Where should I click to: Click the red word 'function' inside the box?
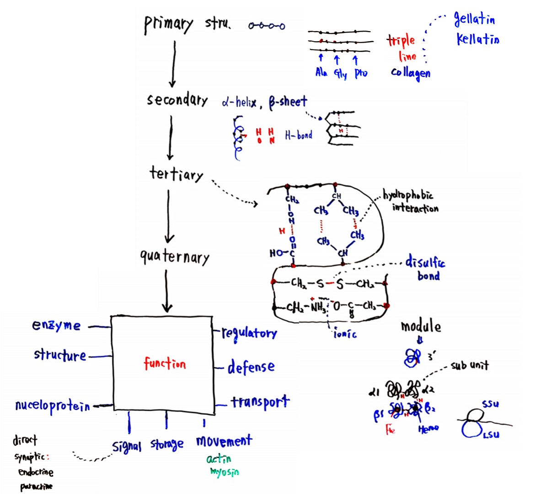pyautogui.click(x=165, y=364)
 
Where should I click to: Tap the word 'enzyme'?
pyautogui.click(x=56, y=326)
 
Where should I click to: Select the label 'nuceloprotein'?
pyautogui.click(x=52, y=406)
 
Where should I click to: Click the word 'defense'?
pyautogui.click(x=251, y=367)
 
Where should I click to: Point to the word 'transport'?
pyautogui.click(x=260, y=402)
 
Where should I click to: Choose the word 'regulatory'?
pyautogui.click(x=249, y=333)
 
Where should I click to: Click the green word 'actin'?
pyautogui.click(x=219, y=459)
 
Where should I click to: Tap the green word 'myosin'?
pyautogui.click(x=224, y=472)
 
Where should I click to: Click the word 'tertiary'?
pyautogui.click(x=176, y=174)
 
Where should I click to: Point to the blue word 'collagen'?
pyautogui.click(x=410, y=73)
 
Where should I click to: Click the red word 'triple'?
pyautogui.click(x=401, y=41)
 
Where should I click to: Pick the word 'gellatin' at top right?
pyautogui.click(x=474, y=19)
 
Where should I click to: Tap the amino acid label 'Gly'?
pyautogui.click(x=340, y=73)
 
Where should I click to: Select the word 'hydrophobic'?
pyautogui.click(x=408, y=195)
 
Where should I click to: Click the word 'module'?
pyautogui.click(x=421, y=326)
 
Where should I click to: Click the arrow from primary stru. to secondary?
pyautogui.click(x=173, y=64)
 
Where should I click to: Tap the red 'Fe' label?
pyautogui.click(x=390, y=429)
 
